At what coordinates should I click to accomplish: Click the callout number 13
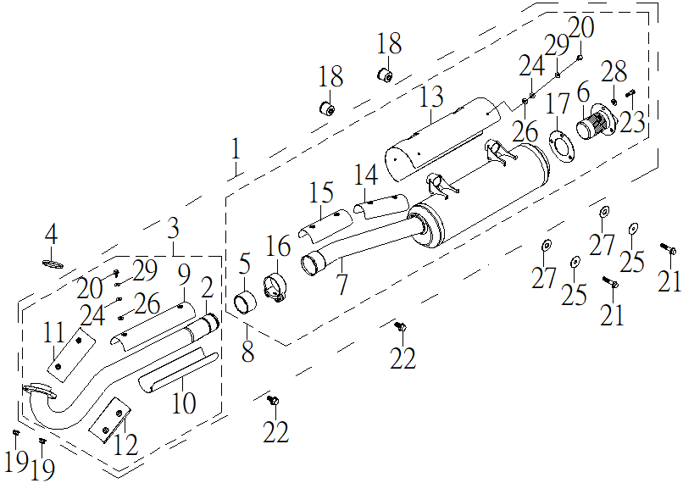pos(431,97)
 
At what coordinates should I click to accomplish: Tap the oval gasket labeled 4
pos(53,264)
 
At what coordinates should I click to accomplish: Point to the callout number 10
pos(184,402)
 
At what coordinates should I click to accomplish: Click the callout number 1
pos(236,148)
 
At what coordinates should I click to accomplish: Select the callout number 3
pos(174,228)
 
